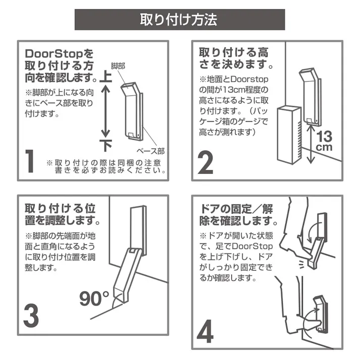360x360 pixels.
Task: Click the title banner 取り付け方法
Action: pyautogui.click(x=180, y=20)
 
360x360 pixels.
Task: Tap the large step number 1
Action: pyautogui.click(x=31, y=161)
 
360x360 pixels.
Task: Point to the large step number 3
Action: pyautogui.click(x=31, y=315)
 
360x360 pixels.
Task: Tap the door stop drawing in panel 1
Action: pyautogui.click(x=132, y=111)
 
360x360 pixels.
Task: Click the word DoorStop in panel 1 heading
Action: pyautogui.click(x=55, y=53)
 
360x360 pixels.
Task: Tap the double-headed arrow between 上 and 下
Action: pyautogui.click(x=106, y=111)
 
